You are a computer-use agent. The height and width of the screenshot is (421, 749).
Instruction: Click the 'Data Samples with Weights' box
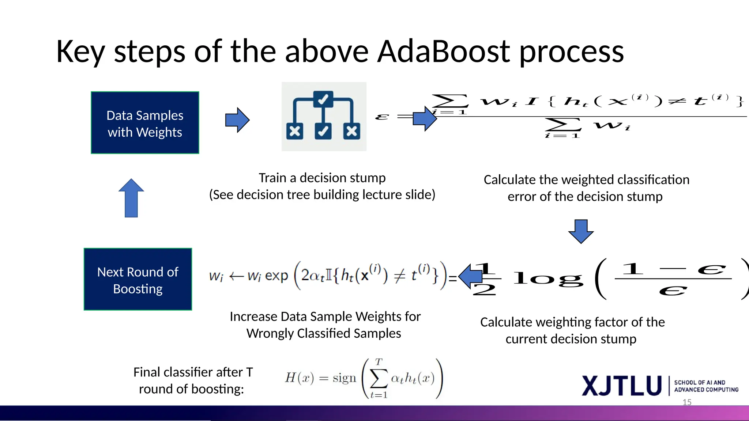coord(145,123)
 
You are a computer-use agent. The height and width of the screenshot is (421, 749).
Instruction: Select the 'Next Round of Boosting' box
coord(138,280)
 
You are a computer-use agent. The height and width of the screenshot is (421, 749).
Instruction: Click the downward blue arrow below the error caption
coord(581,231)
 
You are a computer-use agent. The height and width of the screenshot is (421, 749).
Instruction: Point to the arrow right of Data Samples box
coord(237,120)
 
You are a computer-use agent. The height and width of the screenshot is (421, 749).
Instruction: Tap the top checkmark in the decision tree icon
coord(323,99)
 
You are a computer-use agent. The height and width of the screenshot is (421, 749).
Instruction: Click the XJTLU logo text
coord(622,386)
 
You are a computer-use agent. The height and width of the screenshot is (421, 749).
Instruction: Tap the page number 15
coord(687,402)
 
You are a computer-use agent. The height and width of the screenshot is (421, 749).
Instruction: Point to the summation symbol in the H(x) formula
coord(379,378)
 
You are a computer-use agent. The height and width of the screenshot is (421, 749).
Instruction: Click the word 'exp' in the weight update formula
coord(276,276)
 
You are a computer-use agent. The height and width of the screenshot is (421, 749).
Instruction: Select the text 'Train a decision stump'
coord(322,178)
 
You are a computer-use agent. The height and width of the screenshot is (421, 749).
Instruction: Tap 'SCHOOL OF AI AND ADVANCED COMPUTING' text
coord(706,386)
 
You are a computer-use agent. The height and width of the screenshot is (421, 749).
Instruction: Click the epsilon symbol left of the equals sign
coord(382,117)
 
